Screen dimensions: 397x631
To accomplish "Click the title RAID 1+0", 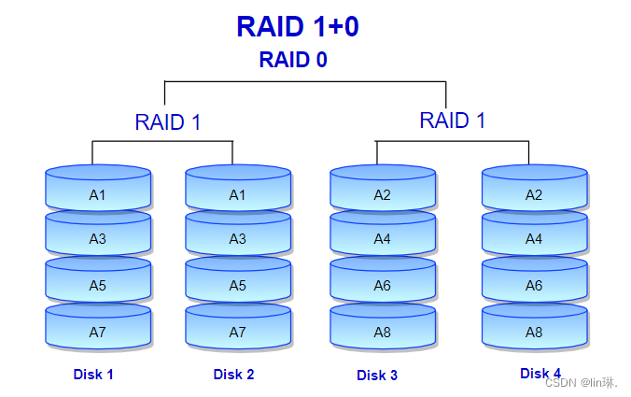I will click(x=298, y=26).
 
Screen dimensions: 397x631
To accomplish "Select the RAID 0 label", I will click(x=293, y=60).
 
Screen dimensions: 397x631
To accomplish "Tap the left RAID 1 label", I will click(x=168, y=122).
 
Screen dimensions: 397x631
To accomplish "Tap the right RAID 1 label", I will click(x=453, y=120).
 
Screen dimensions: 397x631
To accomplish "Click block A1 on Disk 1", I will click(x=98, y=194).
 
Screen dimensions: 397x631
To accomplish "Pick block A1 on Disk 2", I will click(x=237, y=194).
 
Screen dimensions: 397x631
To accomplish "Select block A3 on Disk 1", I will click(x=98, y=238).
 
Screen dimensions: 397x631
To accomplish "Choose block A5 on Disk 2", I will click(x=237, y=285).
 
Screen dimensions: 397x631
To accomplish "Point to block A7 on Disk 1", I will click(x=98, y=332).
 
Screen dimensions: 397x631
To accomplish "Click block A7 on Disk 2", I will click(x=237, y=332).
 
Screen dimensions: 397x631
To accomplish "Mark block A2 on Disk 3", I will click(x=383, y=194).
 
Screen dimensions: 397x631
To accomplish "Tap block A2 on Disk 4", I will click(x=534, y=194).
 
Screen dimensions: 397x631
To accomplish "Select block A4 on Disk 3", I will click(x=383, y=238).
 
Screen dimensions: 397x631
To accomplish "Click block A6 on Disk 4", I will click(x=534, y=285).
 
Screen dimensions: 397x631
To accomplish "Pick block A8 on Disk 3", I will click(x=383, y=332).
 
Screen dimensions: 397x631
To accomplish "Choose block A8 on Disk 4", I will click(x=534, y=332).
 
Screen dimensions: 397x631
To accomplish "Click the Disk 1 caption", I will click(x=93, y=375).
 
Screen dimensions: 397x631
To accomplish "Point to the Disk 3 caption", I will click(x=377, y=376).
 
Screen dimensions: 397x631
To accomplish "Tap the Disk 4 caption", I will click(x=540, y=374).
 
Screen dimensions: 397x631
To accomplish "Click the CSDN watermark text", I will click(x=581, y=383).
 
